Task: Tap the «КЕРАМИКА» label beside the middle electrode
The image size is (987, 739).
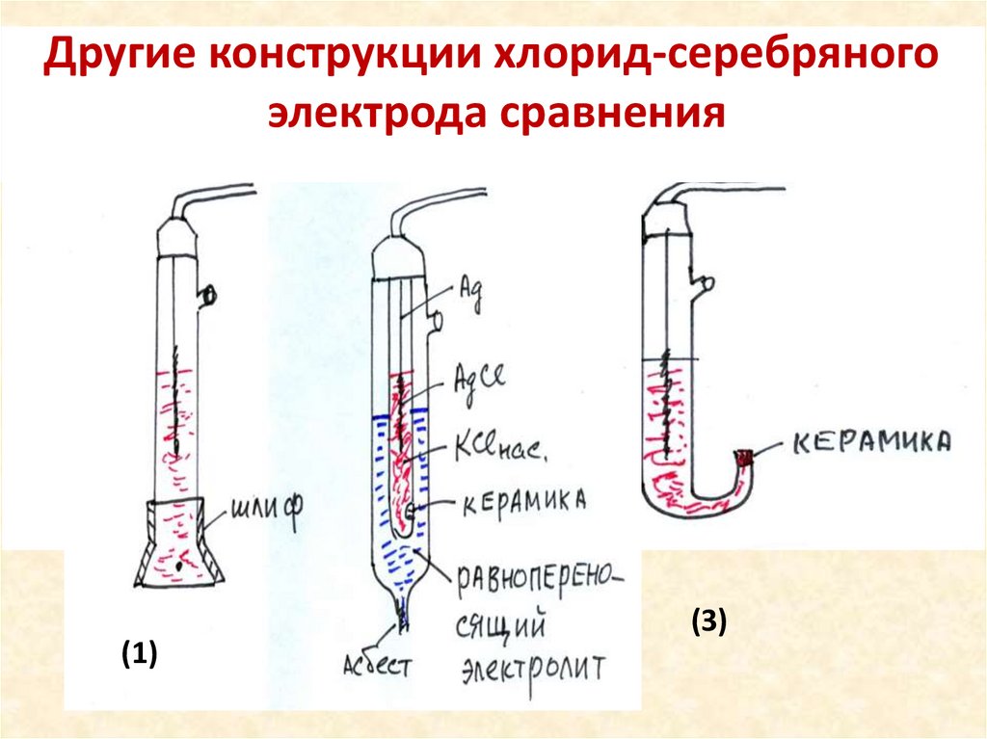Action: coord(525,501)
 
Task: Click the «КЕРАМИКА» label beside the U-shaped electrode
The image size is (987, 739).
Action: coord(872,442)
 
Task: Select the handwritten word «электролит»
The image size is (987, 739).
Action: coord(532,668)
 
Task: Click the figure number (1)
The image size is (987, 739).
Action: coord(139,655)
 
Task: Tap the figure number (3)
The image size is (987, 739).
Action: coord(707,622)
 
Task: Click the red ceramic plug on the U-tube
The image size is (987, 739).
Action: coord(745,460)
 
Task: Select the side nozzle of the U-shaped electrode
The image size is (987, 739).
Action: coord(706,283)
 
